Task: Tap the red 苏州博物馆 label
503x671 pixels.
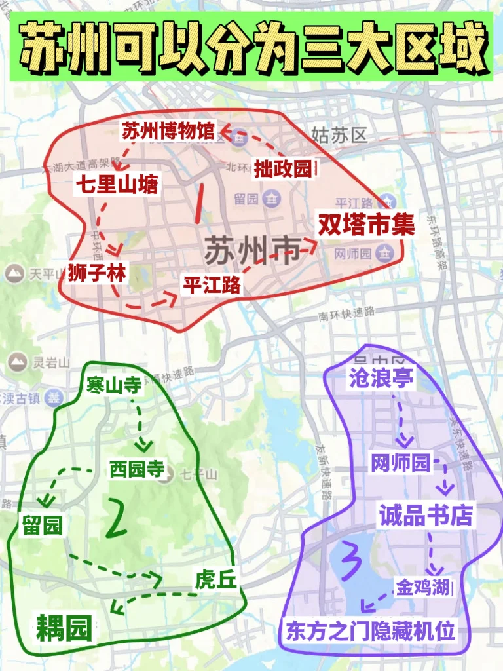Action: [x=168, y=132]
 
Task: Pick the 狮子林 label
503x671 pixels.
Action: [x=96, y=273]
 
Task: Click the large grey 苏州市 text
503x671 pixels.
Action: [x=253, y=250]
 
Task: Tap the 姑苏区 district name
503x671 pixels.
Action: [x=341, y=136]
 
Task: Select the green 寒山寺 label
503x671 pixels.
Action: [x=114, y=386]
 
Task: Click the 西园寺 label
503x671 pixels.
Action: [x=136, y=469]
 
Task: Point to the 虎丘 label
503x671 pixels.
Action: [x=215, y=579]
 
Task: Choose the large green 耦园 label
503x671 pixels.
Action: [x=64, y=628]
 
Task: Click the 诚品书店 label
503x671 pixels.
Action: [x=425, y=515]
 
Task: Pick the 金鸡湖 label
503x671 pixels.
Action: [x=423, y=587]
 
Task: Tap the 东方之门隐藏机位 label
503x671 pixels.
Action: [x=370, y=632]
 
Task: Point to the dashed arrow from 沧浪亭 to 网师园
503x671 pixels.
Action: [x=401, y=419]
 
